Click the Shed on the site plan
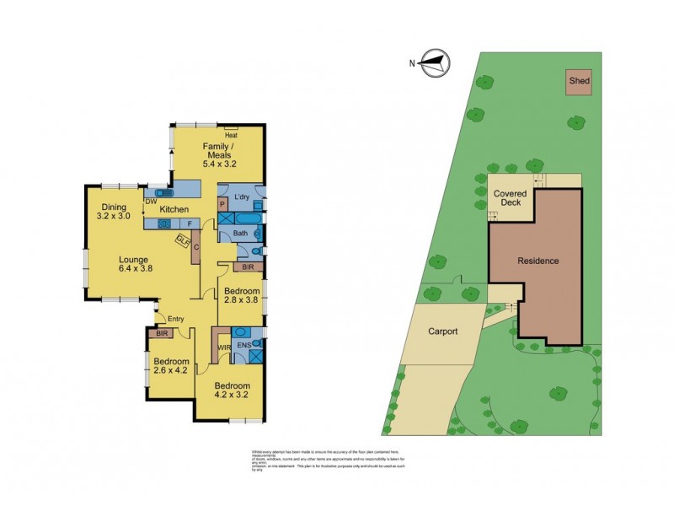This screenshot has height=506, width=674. coord(579,82)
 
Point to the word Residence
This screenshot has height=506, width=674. coord(538,261)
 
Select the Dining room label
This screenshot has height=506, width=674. coord(114,207)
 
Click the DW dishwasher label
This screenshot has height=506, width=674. coord(150,202)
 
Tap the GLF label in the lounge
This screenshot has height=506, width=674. coord(182,240)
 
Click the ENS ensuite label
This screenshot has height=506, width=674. coord(243,345)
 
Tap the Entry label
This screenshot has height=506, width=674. coord(175,319)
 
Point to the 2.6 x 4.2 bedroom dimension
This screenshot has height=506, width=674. coord(169,369)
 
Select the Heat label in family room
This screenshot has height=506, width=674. coord(231,135)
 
